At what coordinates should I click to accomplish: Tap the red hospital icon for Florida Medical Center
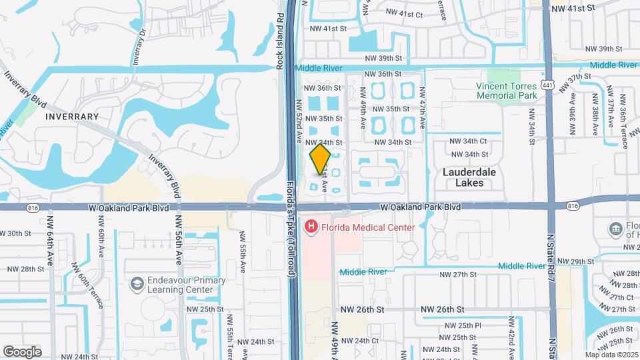[x=311, y=227]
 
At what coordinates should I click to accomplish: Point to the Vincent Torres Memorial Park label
[x=507, y=91]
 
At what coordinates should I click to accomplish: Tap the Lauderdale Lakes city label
[x=469, y=177]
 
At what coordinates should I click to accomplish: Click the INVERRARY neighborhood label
[x=72, y=117]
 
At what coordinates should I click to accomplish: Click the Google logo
[x=23, y=351]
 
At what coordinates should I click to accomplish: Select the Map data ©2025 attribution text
[x=611, y=355]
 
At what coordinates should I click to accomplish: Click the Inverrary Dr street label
[x=139, y=45]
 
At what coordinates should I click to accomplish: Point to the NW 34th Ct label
[x=469, y=141]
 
